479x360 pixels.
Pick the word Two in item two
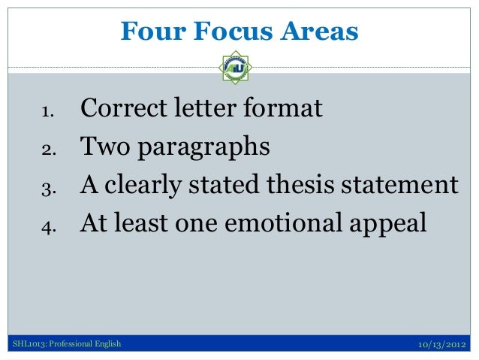point(104,147)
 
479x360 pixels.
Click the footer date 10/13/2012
point(441,345)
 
